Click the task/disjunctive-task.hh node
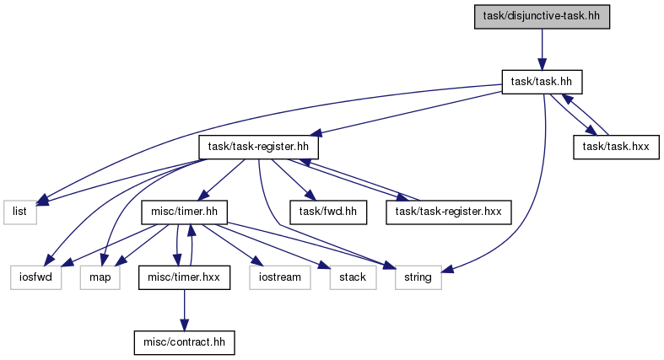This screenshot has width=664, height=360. point(542,17)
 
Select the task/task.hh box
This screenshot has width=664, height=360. point(542,82)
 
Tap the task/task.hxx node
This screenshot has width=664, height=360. point(616,148)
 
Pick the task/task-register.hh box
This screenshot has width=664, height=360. point(258,148)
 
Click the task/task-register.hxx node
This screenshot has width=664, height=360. point(449,212)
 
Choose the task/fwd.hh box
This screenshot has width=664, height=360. point(328,212)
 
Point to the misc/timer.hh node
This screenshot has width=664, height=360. point(184,212)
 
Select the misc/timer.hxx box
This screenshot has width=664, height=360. point(184,277)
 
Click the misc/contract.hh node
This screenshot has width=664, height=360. point(184,342)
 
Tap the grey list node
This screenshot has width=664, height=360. point(20,212)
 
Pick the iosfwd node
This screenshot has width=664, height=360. point(36,277)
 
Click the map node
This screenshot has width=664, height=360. point(100,277)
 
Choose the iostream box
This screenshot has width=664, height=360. point(280,277)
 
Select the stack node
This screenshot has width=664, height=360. point(353,277)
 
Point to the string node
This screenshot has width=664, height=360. point(418,277)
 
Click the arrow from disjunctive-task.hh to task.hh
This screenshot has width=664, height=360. point(542,50)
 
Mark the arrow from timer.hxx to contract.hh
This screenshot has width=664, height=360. point(184,310)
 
